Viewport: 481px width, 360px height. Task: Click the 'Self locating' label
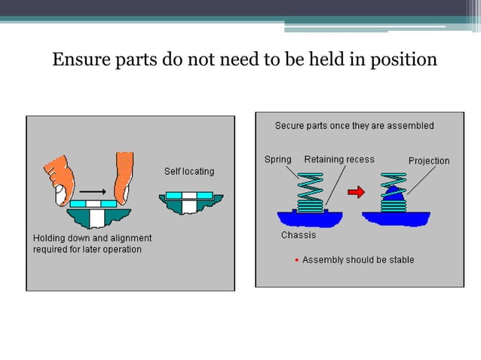pyautogui.click(x=189, y=171)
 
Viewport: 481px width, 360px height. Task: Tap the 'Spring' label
pyautogui.click(x=277, y=160)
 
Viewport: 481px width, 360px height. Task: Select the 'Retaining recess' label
pyautogui.click(x=339, y=160)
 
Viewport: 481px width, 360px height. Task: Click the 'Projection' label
pyautogui.click(x=428, y=160)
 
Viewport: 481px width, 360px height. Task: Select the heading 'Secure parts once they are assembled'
pyautogui.click(x=354, y=126)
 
